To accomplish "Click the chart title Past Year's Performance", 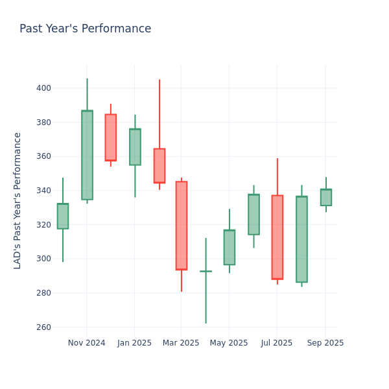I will tap(85, 29).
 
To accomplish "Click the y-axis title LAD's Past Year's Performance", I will tap(18, 200).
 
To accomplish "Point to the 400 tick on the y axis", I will tap(43, 88).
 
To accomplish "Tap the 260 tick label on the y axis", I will tap(43, 327).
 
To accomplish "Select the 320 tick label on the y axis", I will tap(43, 225).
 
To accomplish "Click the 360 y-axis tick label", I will tap(43, 156).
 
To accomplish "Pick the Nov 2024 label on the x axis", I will tap(86, 343).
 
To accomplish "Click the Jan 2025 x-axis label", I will tap(134, 343).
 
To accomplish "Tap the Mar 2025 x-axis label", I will tap(181, 343).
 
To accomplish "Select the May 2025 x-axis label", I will tap(229, 343).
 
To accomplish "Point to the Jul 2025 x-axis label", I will tap(277, 343).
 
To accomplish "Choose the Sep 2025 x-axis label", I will tap(325, 343).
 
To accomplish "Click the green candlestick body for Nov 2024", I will tap(87, 155).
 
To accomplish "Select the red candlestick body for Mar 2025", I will tap(182, 226).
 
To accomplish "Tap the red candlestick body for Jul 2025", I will tap(277, 237).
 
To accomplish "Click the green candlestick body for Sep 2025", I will tap(325, 198).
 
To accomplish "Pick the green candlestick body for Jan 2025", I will tap(135, 147).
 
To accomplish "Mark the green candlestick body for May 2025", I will tap(230, 248).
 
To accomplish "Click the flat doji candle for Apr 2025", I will tap(206, 271).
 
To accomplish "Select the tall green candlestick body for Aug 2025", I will tap(301, 239).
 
